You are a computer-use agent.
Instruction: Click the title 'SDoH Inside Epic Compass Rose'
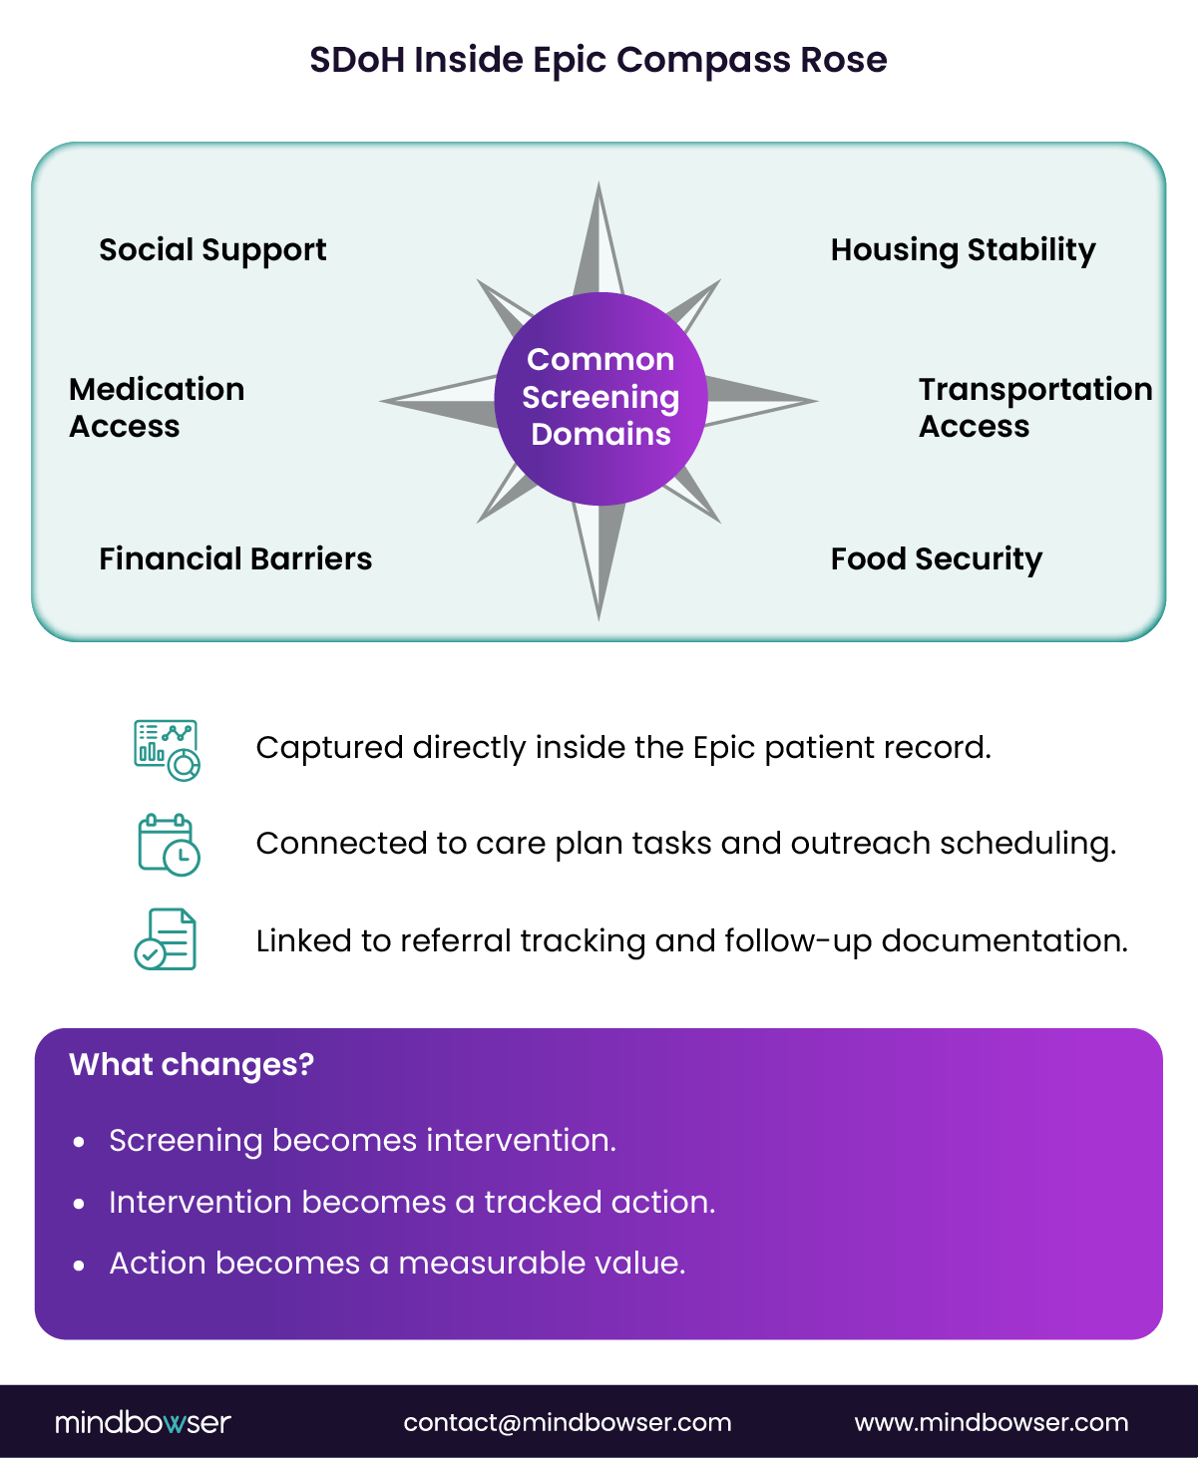tap(598, 60)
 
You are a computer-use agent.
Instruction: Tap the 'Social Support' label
tap(212, 250)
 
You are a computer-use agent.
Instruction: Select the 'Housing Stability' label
tap(963, 250)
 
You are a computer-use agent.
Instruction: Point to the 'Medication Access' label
tap(157, 407)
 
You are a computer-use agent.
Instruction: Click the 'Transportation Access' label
tap(1034, 407)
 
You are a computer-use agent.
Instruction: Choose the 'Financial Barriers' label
tap(235, 558)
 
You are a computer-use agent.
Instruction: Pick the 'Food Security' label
tap(936, 559)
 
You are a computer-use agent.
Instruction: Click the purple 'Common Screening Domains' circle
tap(600, 398)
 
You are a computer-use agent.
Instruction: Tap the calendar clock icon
tap(168, 845)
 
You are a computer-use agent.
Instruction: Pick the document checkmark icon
tap(166, 939)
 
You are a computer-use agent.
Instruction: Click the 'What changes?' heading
tap(192, 1065)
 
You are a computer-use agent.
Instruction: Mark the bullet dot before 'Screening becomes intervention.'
tap(80, 1142)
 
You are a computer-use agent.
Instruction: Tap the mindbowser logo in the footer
tap(143, 1422)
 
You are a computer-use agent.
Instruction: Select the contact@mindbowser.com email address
tap(567, 1423)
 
